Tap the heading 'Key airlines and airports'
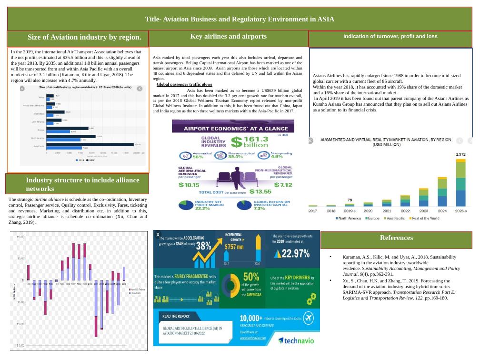(228, 37)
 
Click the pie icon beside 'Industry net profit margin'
(186, 205)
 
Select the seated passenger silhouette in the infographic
(233, 178)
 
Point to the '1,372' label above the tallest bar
(460, 155)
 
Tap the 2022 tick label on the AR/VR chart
(405, 210)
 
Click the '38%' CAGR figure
(204, 246)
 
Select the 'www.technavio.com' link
(253, 338)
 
